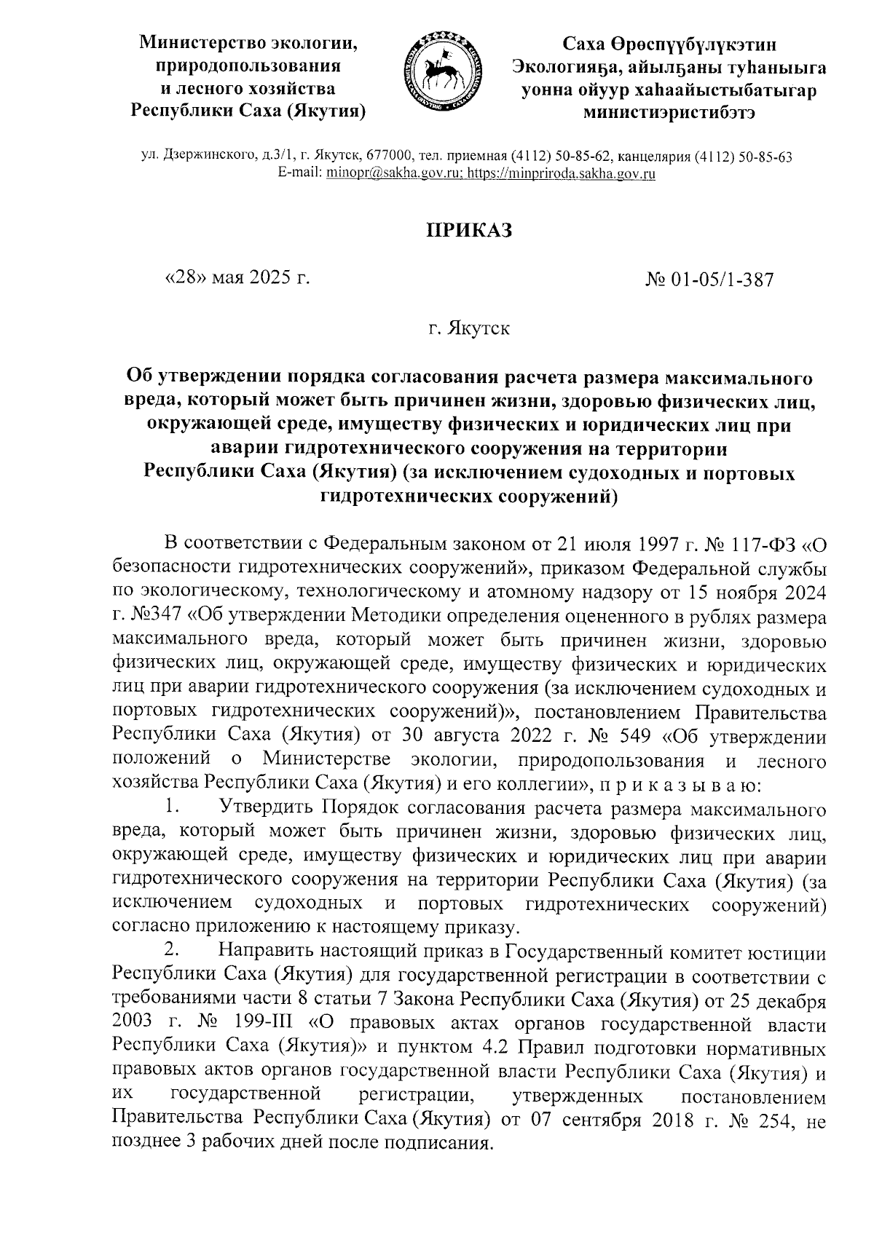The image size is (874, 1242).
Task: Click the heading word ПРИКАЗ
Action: [470, 231]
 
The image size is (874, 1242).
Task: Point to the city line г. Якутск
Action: [469, 328]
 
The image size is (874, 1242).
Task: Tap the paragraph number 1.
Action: [171, 809]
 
